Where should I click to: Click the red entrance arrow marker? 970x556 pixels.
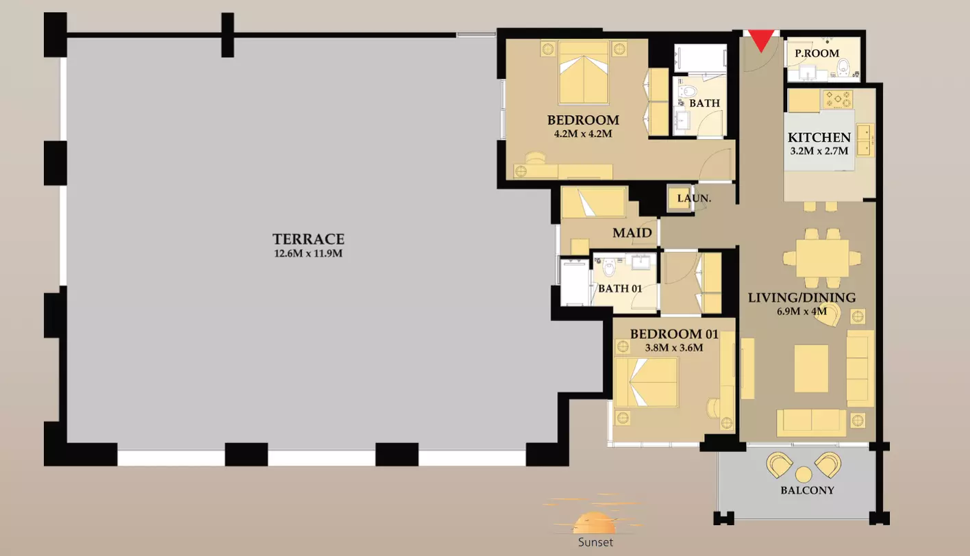click(761, 40)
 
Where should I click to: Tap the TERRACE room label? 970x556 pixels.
click(308, 239)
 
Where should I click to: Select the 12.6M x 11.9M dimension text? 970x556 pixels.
click(308, 253)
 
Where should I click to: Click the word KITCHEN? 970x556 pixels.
click(819, 138)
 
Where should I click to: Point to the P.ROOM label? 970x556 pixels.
click(817, 53)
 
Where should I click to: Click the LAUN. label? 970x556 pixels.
click(694, 199)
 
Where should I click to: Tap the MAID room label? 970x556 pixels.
click(632, 233)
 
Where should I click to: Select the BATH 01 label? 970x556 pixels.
click(620, 288)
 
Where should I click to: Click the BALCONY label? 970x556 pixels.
click(807, 491)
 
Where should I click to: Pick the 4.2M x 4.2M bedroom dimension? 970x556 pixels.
click(583, 134)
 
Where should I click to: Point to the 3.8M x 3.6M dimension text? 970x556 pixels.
click(674, 347)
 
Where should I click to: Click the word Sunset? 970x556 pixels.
click(595, 542)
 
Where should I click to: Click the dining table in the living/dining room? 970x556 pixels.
click(822, 258)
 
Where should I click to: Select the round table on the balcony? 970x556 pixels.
click(804, 475)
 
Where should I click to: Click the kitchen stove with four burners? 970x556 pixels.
click(838, 99)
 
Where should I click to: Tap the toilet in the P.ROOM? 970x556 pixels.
click(843, 68)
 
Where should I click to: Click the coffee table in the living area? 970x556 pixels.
click(811, 368)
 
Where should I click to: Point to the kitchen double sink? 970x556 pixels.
click(864, 140)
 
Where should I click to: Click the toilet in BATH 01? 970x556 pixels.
click(609, 268)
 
